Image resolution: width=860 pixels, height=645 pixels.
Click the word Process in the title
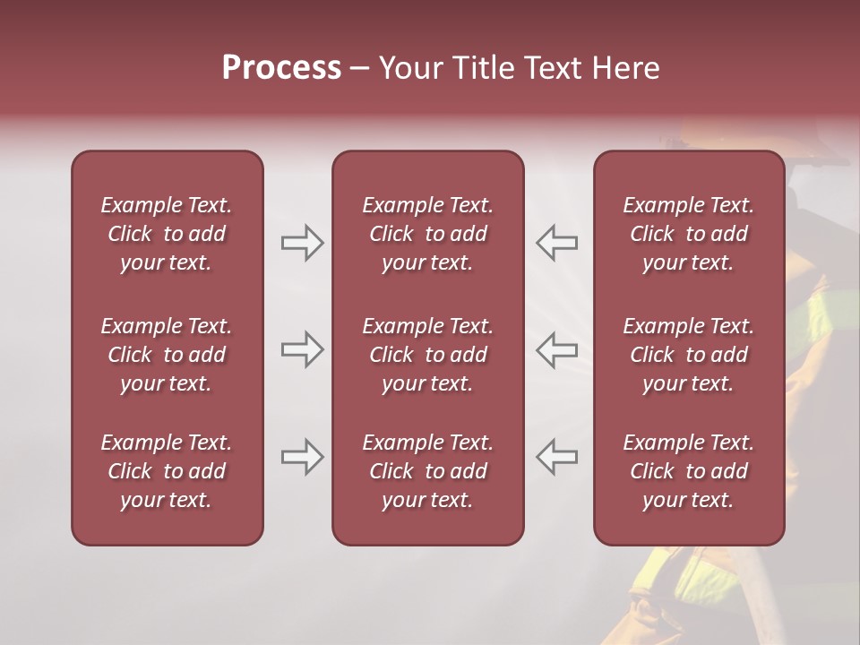[281, 68]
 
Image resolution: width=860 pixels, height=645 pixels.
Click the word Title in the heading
[482, 68]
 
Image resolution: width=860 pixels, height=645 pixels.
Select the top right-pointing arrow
[302, 243]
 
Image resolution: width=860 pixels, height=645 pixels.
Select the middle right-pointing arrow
[302, 349]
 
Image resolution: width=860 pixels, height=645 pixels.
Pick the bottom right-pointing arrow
[302, 457]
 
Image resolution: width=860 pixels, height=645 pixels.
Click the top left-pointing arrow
[557, 243]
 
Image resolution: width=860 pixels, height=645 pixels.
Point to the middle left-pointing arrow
[557, 349]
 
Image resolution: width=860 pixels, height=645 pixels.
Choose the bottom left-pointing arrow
[557, 457]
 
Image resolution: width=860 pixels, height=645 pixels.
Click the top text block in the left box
[167, 234]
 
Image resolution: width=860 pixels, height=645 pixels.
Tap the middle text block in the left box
[167, 355]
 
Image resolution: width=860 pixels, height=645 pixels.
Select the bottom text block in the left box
[167, 471]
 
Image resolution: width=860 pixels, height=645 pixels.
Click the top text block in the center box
[427, 234]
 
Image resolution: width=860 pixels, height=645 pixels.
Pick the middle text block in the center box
[427, 355]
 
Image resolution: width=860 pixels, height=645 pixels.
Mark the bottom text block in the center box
[427, 471]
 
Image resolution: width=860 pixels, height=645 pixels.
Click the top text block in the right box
[689, 234]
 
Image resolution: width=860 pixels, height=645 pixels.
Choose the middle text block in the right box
[689, 355]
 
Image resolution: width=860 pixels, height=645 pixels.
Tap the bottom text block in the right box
[689, 471]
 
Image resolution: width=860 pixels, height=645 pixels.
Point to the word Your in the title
[409, 68]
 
